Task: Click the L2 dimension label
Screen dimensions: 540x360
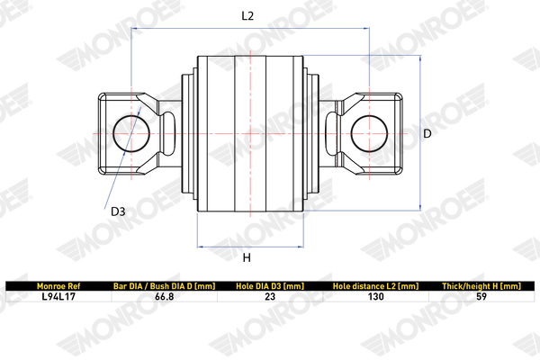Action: point(247,16)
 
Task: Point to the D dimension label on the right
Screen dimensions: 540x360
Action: point(427,134)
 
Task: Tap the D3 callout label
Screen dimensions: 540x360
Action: point(118,211)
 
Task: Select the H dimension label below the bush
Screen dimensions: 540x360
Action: point(247,257)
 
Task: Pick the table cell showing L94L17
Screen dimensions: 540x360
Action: point(58,297)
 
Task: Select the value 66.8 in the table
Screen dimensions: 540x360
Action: point(165,297)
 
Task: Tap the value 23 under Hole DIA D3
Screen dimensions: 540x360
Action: point(270,297)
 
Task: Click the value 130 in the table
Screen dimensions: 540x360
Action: point(375,297)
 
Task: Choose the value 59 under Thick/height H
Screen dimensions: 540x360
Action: point(481,297)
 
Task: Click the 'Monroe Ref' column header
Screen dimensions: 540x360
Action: point(58,286)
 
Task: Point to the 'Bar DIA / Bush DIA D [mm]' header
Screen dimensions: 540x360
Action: point(165,286)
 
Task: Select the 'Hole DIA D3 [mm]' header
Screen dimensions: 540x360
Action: point(270,286)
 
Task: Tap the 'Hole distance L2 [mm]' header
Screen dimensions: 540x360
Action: point(375,286)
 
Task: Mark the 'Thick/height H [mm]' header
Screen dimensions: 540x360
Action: point(481,286)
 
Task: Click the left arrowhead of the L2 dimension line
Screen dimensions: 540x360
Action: point(133,28)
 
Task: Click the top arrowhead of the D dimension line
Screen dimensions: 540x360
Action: point(420,58)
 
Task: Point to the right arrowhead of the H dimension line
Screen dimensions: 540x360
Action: point(301,247)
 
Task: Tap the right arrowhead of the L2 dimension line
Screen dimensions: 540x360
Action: point(367,28)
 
